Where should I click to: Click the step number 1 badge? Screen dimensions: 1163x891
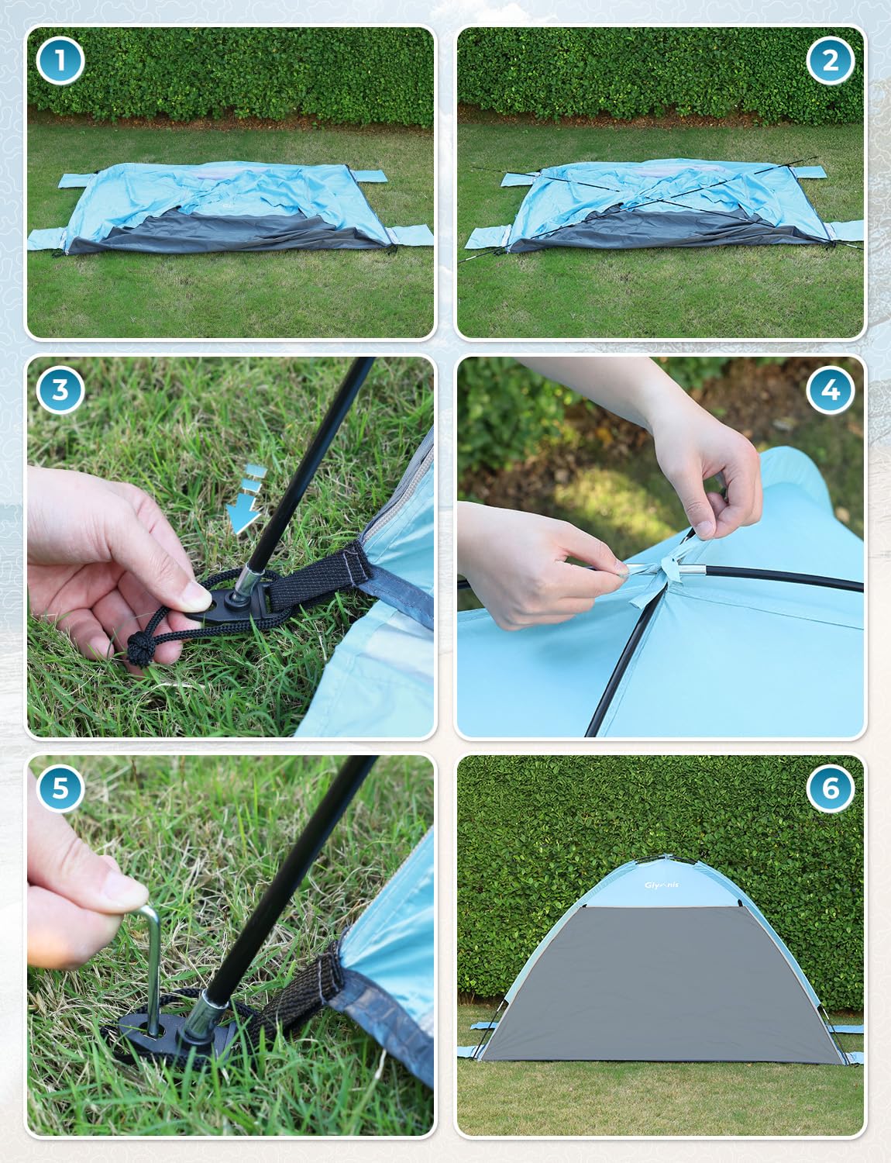pyautogui.click(x=60, y=60)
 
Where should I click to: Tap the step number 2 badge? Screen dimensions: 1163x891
pyautogui.click(x=830, y=60)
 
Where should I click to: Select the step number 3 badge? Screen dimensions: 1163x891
pyautogui.click(x=60, y=389)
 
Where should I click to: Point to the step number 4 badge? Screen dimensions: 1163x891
pyautogui.click(x=830, y=389)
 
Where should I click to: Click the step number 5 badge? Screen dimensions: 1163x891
pyautogui.click(x=60, y=788)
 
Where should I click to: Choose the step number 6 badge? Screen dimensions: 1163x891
pyautogui.click(x=830, y=788)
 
